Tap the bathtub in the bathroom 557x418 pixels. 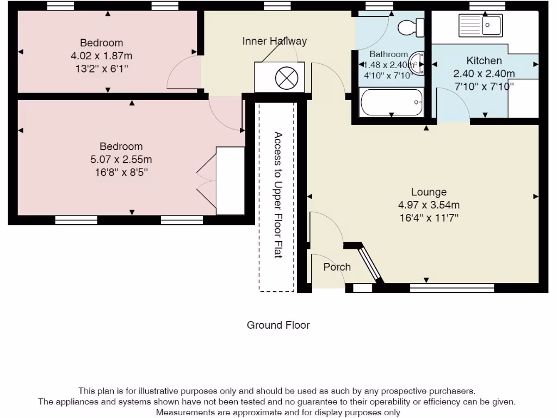391,102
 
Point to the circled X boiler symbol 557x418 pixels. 287,78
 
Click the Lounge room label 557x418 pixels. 429,192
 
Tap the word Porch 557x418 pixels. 337,267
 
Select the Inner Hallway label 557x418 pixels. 274,41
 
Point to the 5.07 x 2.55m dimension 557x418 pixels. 121,159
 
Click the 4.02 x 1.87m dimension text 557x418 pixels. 101,56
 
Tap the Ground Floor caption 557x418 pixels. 278,325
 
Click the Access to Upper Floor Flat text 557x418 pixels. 277,195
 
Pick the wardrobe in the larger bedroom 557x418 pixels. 231,181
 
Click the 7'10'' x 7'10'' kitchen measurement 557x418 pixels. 484,86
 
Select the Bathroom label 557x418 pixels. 388,54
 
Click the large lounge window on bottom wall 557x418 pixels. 451,287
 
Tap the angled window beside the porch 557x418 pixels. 369,264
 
